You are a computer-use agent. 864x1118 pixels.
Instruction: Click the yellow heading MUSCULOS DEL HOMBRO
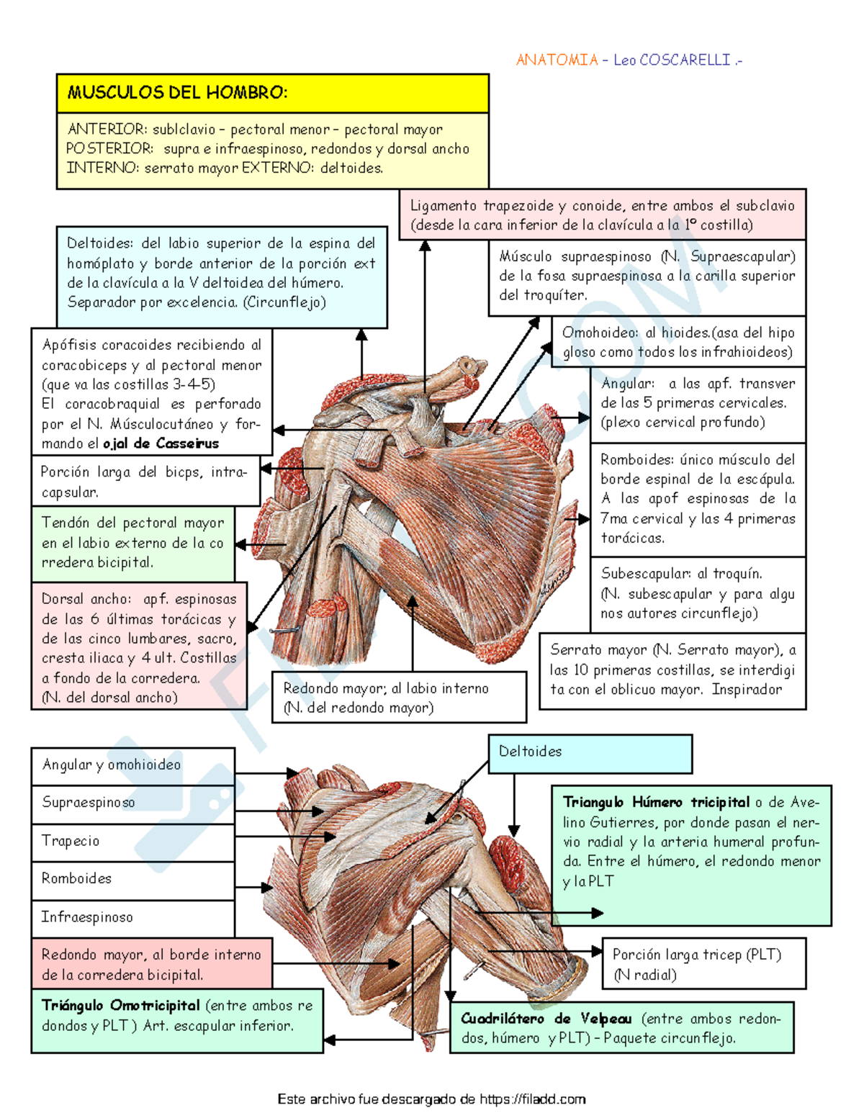tap(177, 93)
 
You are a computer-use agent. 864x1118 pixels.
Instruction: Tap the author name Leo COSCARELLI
tap(672, 60)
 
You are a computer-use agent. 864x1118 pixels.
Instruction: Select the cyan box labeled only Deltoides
tap(590, 753)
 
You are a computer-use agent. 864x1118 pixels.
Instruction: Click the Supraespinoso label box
tap(132, 803)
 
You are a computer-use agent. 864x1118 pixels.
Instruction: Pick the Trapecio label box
tap(132, 842)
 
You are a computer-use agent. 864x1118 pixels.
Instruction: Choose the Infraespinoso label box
tap(132, 918)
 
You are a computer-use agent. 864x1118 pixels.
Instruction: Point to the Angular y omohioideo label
tap(112, 765)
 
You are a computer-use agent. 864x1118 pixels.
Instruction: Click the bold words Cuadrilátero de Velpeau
tap(546, 1019)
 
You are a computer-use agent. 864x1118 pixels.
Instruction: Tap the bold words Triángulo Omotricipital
tap(120, 1006)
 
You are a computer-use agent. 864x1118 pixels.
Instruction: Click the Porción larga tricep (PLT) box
tap(703, 963)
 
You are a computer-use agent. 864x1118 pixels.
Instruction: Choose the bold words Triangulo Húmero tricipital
tap(656, 803)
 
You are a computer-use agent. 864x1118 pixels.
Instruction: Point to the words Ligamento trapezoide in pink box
tap(481, 206)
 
